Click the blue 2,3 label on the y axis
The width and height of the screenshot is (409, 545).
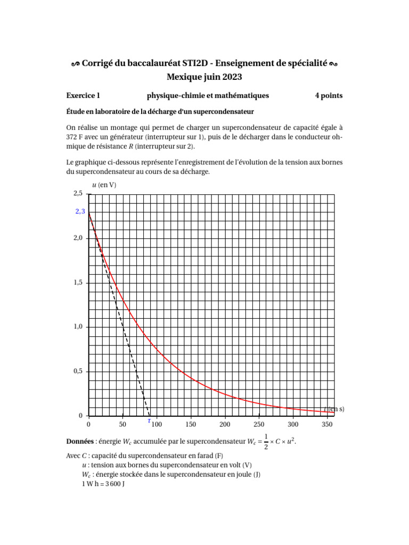point(80,211)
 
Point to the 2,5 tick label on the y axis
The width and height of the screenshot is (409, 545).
point(78,194)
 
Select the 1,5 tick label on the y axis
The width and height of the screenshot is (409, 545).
point(78,283)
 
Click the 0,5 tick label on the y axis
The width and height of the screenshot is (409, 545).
point(78,371)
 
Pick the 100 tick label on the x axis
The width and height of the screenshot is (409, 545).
point(157,424)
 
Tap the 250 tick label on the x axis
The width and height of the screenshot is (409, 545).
point(259,424)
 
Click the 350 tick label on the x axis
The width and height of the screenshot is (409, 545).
point(327,424)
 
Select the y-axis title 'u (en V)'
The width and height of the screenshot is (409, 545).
point(104,185)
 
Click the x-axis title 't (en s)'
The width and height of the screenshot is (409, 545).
point(334,409)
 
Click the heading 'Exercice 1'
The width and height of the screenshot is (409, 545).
point(83,96)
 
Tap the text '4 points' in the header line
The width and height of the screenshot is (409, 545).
point(329,96)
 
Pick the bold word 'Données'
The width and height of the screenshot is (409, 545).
point(79,442)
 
